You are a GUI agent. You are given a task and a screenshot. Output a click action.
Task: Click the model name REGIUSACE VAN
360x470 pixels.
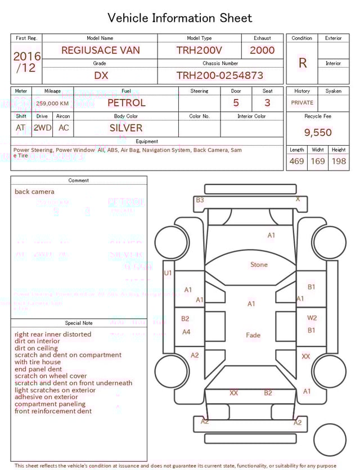pyautogui.click(x=101, y=50)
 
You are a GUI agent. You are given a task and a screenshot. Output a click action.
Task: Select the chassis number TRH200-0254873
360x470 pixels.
pyautogui.click(x=219, y=75)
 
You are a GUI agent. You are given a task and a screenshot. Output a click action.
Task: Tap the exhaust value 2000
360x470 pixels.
pyautogui.click(x=262, y=50)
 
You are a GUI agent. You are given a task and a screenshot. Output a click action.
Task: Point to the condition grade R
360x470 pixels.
pyautogui.click(x=303, y=63)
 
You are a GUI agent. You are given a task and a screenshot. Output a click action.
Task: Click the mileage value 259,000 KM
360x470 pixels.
pyautogui.click(x=53, y=104)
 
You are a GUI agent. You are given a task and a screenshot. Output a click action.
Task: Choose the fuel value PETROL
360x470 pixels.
pyautogui.click(x=126, y=103)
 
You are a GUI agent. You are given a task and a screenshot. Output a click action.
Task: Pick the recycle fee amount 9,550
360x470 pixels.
pyautogui.click(x=318, y=133)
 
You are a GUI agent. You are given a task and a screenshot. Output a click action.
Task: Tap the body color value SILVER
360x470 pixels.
pyautogui.click(x=126, y=128)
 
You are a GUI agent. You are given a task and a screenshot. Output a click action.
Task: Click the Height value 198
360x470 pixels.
pyautogui.click(x=339, y=162)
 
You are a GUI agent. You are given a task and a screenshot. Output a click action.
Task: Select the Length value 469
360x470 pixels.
pyautogui.click(x=296, y=162)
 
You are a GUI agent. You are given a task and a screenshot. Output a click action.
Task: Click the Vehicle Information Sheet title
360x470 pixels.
pyautogui.click(x=180, y=18)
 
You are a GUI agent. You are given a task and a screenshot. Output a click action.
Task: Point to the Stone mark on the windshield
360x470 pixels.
pyautogui.click(x=259, y=265)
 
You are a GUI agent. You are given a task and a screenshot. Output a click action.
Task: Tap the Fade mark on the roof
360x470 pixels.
pyautogui.click(x=253, y=335)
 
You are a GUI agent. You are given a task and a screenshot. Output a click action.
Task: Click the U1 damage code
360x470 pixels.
pyautogui.click(x=168, y=273)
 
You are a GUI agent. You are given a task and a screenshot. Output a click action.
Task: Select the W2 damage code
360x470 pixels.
pyautogui.click(x=312, y=318)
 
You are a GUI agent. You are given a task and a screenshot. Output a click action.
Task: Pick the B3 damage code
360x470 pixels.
pyautogui.click(x=200, y=200)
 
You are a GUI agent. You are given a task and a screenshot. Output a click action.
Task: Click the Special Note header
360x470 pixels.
pyautogui.click(x=79, y=323)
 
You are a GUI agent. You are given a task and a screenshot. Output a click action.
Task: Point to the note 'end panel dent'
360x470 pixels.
pyautogui.click(x=38, y=369)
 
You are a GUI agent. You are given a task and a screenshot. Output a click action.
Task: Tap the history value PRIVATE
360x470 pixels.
pyautogui.click(x=302, y=103)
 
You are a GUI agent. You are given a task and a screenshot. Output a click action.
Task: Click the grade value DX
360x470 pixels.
pyautogui.click(x=101, y=75)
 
